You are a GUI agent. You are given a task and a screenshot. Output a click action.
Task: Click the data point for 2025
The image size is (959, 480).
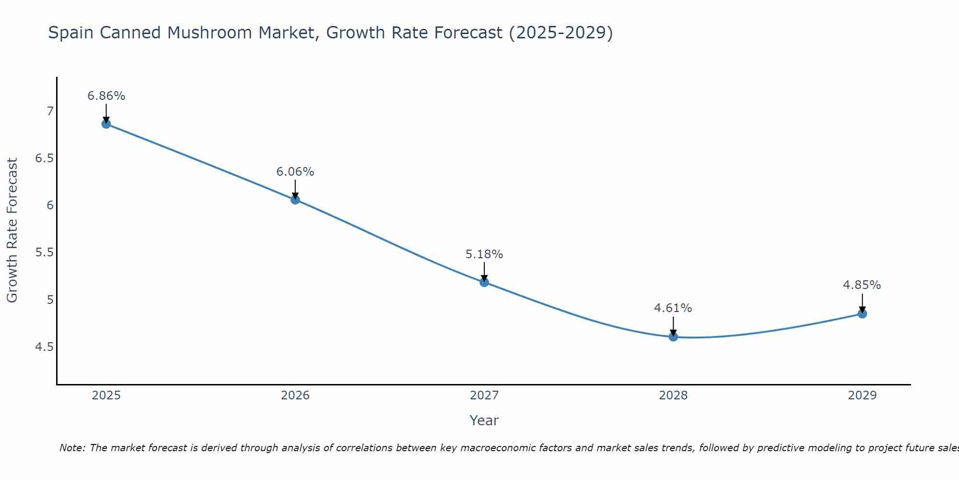[106, 124]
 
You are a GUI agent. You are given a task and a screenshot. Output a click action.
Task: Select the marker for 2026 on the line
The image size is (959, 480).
[295, 200]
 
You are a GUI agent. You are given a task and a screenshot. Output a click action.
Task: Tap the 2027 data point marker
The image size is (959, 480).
[484, 282]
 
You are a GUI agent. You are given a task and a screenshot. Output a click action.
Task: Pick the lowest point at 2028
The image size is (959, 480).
[673, 336]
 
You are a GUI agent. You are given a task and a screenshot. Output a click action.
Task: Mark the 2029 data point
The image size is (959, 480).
[862, 314]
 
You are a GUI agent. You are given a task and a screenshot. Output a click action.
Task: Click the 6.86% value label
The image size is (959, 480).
[106, 96]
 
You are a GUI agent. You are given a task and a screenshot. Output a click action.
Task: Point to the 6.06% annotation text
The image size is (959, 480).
[295, 172]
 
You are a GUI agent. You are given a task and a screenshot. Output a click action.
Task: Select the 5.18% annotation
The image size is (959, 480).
[484, 254]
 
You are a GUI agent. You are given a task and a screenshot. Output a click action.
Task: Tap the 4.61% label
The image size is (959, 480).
[673, 308]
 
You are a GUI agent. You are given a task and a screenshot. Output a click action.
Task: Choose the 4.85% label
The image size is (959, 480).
[862, 285]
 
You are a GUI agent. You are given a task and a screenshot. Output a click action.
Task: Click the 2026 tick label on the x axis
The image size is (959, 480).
[295, 396]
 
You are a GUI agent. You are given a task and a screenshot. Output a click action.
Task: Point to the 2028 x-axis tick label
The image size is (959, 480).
[673, 396]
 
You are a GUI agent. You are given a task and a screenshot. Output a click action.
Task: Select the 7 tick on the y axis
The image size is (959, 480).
[50, 111]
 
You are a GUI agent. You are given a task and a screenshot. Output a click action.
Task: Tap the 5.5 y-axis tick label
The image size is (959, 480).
[44, 252]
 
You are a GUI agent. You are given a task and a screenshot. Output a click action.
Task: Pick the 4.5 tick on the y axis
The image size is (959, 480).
[44, 347]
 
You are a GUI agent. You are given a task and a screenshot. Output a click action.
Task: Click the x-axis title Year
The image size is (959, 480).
[484, 420]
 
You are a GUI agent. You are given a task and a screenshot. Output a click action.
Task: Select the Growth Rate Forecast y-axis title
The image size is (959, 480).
[12, 230]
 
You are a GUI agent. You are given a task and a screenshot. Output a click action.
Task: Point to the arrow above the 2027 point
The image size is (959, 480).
[484, 272]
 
